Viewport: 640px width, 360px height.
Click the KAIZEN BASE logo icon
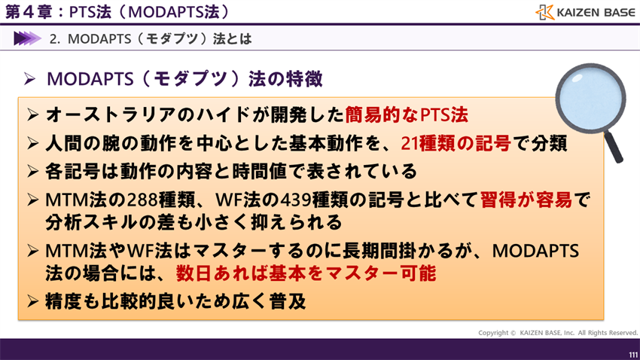point(545,12)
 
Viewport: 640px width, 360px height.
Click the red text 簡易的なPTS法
point(407,114)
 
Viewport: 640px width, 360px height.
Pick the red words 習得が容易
point(526,200)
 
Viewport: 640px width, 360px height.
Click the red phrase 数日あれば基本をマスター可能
point(306,273)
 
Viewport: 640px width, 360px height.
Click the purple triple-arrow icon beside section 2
point(27,38)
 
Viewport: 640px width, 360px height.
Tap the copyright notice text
point(558,332)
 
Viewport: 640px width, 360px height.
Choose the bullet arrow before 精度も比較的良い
point(32,302)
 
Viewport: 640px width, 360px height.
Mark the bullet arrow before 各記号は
point(32,171)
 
